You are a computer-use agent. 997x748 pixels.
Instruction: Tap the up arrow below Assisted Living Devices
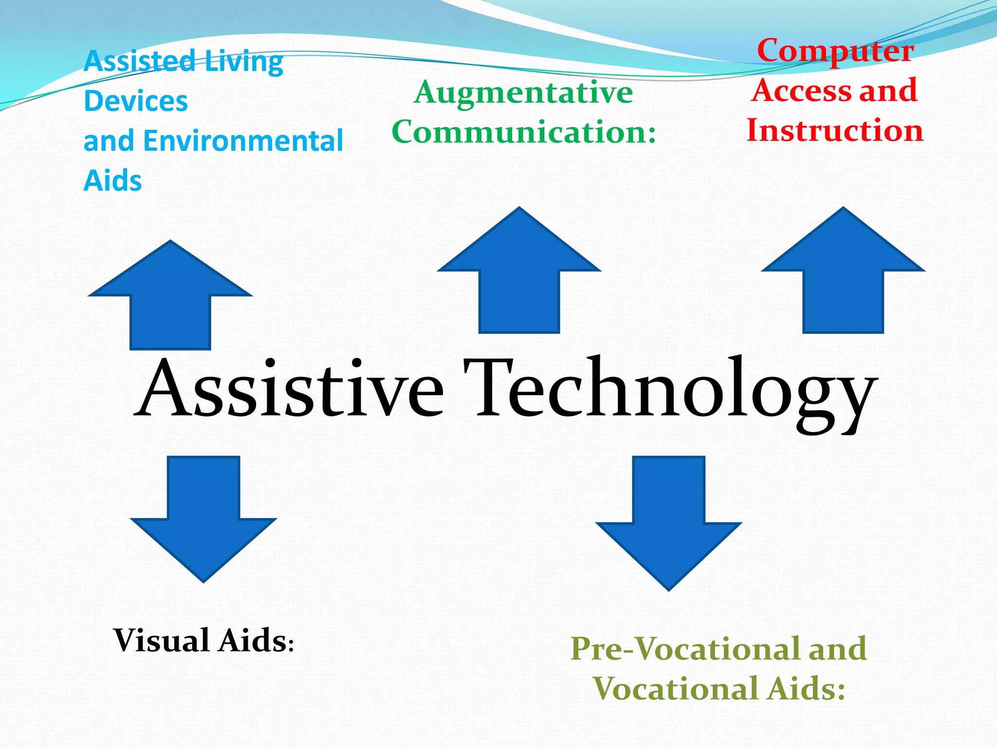(x=170, y=302)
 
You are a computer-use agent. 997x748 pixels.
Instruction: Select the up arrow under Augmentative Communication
(x=519, y=278)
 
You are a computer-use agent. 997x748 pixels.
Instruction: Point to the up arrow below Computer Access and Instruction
(x=843, y=278)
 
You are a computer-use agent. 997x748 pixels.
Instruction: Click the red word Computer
(x=835, y=51)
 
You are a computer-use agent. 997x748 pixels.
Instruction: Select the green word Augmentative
(x=523, y=93)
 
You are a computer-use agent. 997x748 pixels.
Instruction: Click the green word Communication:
(x=524, y=132)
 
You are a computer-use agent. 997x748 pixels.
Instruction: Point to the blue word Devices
(x=136, y=101)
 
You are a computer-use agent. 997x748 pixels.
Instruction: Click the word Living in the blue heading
(x=243, y=62)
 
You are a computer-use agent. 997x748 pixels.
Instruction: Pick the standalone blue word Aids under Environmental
(x=112, y=181)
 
